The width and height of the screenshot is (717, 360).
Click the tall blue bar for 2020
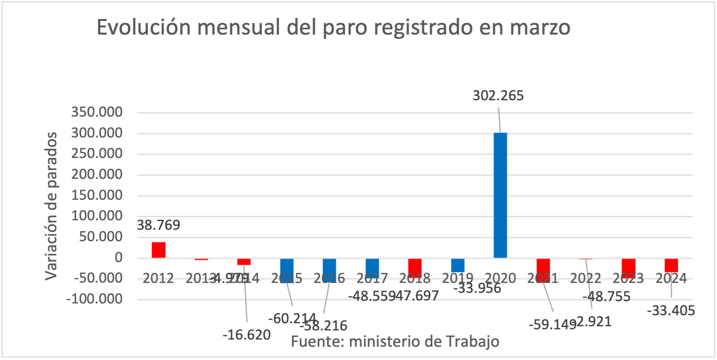coord(500,195)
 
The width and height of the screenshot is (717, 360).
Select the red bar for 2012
coord(158,250)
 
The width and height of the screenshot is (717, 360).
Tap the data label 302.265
coord(498,96)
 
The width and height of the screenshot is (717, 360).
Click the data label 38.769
coord(158,225)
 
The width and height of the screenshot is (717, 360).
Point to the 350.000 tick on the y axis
coord(97,112)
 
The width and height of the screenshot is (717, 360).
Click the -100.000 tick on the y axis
coord(94,299)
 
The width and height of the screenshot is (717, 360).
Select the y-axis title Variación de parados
coord(51,206)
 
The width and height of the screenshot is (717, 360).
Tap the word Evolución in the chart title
coord(144,27)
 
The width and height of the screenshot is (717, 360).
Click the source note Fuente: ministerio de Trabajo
coord(395,341)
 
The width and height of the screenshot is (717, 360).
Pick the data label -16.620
coord(246,335)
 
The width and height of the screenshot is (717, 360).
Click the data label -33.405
coord(671,311)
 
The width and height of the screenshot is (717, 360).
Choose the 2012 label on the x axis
coord(158,278)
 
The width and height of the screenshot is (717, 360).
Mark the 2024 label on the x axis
coord(671,278)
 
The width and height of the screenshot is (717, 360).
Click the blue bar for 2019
coord(458,265)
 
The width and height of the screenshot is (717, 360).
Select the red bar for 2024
coord(671,265)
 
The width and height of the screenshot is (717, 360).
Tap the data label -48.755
coord(606,297)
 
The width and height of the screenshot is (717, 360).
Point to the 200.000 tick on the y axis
coord(97,174)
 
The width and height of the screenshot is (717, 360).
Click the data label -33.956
coord(477,289)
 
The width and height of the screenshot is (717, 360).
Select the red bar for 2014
coord(244,262)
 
